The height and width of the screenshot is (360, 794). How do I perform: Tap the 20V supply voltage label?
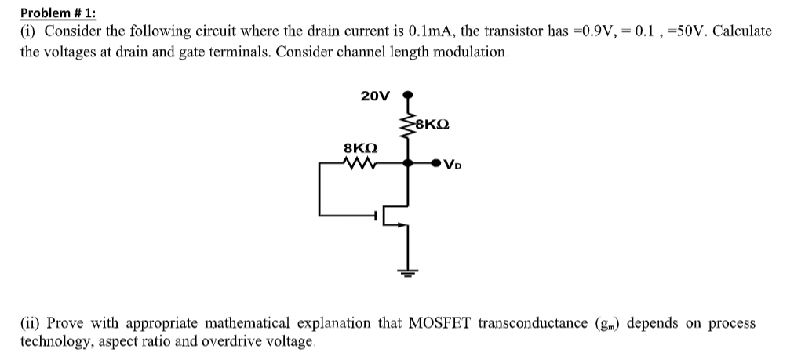coord(374,96)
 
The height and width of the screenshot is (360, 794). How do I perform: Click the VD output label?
coord(453,165)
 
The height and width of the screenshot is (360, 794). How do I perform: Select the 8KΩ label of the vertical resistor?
coord(433,124)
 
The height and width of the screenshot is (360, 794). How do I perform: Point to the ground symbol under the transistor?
coord(407,271)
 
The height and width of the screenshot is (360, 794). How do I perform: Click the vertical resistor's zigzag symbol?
coord(408,124)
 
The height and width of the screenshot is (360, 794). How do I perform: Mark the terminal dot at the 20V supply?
coord(407,96)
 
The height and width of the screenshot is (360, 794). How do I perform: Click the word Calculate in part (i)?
coord(742,32)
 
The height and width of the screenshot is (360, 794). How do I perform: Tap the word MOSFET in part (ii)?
coord(442,323)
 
